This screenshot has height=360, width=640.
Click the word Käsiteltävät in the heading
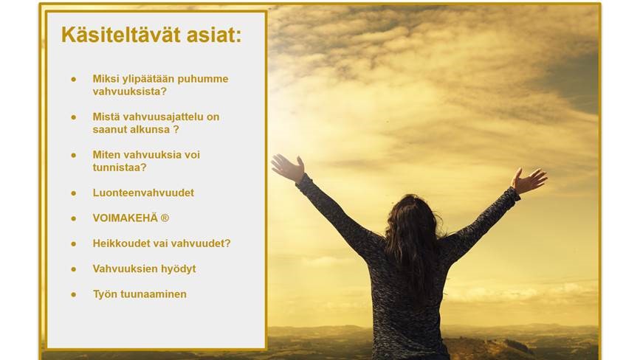pyautogui.click(x=121, y=35)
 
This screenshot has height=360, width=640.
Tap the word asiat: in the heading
pyautogui.click(x=214, y=35)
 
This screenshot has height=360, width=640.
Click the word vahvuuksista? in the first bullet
pyautogui.click(x=130, y=91)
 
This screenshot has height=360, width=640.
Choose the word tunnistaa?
pyautogui.click(x=120, y=167)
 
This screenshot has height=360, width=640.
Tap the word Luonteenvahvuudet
pyautogui.click(x=143, y=193)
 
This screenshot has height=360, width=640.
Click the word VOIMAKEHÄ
pyautogui.click(x=125, y=218)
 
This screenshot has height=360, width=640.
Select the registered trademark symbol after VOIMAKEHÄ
pyautogui.click(x=165, y=218)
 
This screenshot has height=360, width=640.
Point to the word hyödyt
pyautogui.click(x=179, y=269)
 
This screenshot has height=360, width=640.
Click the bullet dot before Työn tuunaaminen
pyautogui.click(x=74, y=294)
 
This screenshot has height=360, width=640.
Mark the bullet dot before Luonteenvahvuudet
pyautogui.click(x=74, y=193)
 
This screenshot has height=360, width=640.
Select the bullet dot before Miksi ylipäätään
pyautogui.click(x=74, y=79)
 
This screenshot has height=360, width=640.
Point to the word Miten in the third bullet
pyautogui.click(x=106, y=155)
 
